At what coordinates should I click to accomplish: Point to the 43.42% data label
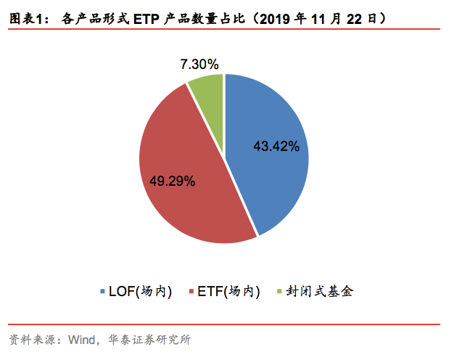[x=276, y=147]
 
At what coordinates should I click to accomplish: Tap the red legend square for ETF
[x=191, y=292]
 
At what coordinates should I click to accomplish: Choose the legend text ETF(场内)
[x=228, y=292]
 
